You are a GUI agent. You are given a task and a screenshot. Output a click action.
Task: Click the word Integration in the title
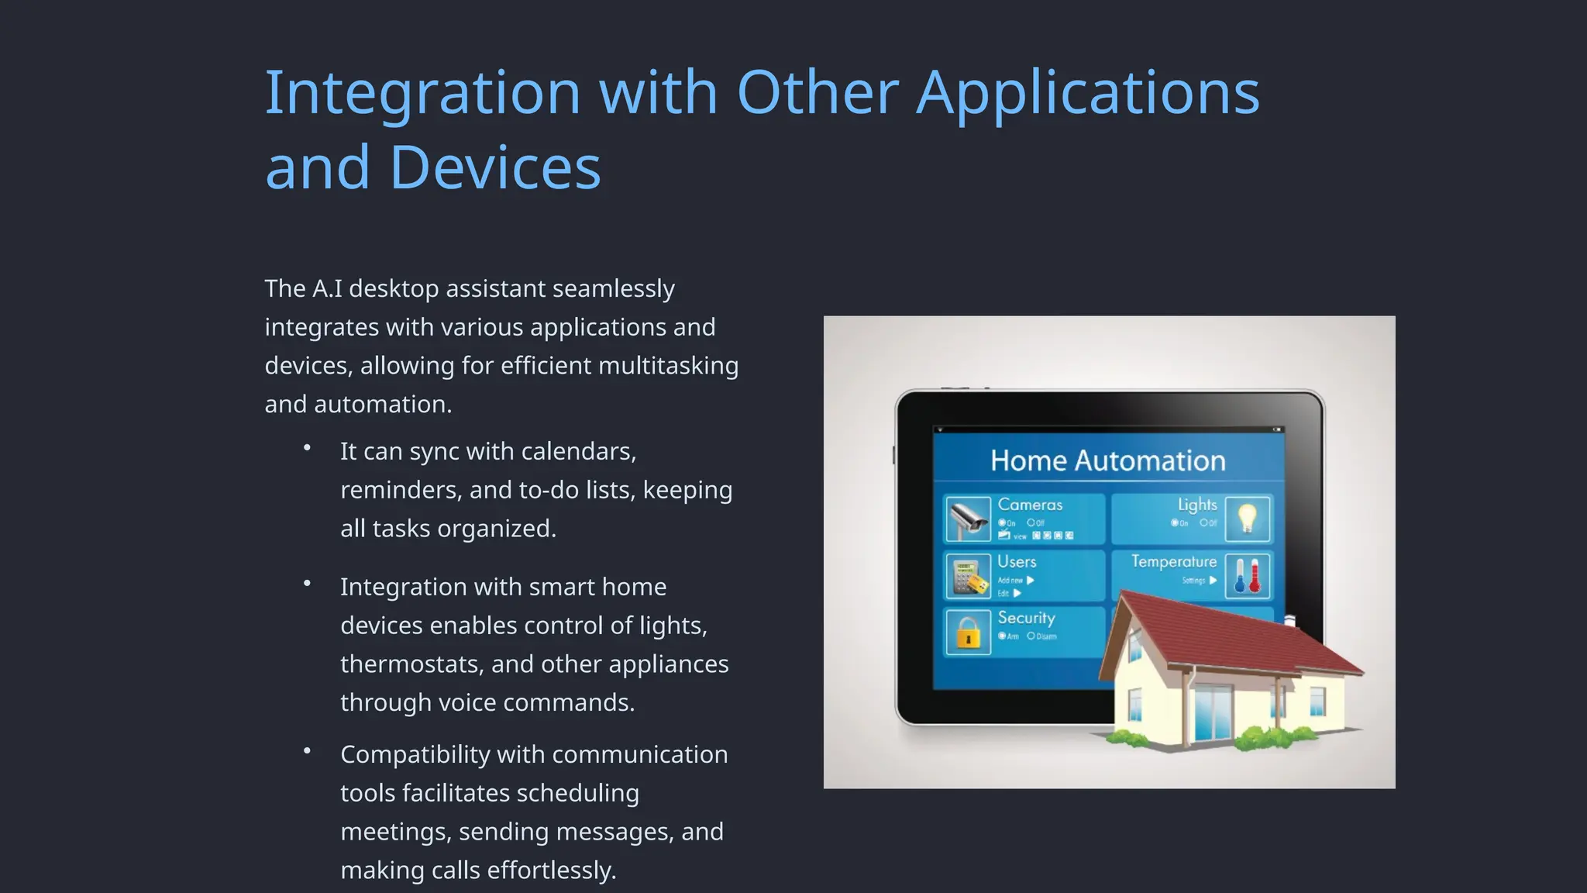pyautogui.click(x=422, y=93)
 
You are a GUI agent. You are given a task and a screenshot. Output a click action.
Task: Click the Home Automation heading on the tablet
pyautogui.click(x=1107, y=460)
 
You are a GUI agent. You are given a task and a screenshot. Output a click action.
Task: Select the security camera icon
pyautogui.click(x=967, y=519)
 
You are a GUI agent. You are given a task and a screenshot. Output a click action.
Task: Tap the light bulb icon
pyautogui.click(x=1247, y=518)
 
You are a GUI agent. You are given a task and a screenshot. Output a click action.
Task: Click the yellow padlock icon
pyautogui.click(x=967, y=632)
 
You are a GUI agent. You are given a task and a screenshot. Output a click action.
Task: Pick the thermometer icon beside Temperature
pyautogui.click(x=1247, y=576)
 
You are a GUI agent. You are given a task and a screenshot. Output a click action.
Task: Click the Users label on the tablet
pyautogui.click(x=1017, y=561)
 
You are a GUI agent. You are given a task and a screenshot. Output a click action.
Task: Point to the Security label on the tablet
pyautogui.click(x=1026, y=618)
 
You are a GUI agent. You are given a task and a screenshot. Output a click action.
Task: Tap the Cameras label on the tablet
pyautogui.click(x=1030, y=505)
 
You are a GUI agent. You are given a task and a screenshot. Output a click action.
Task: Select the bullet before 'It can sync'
pyautogui.click(x=308, y=448)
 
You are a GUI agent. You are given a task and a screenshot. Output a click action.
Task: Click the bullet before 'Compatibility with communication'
pyautogui.click(x=308, y=750)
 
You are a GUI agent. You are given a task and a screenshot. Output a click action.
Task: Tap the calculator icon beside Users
pyautogui.click(x=967, y=576)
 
